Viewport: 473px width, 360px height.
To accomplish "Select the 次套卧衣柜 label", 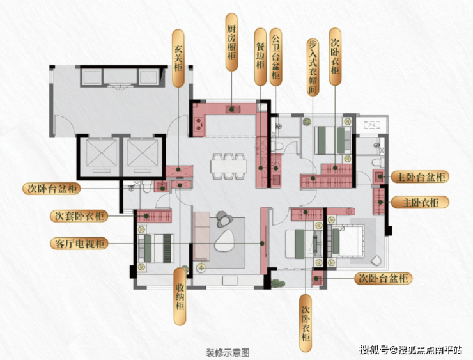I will tap(79, 216).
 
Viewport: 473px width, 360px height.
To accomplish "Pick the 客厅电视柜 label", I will tap(79, 243).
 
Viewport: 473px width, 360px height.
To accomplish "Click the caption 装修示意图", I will tap(227, 352).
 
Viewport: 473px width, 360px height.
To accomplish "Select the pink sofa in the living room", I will tap(201, 237).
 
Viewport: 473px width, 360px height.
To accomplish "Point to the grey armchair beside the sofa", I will tap(224, 219).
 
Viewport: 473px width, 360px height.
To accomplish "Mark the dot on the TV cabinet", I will tap(263, 244).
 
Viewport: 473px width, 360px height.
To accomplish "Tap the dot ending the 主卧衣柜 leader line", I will tap(381, 203).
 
